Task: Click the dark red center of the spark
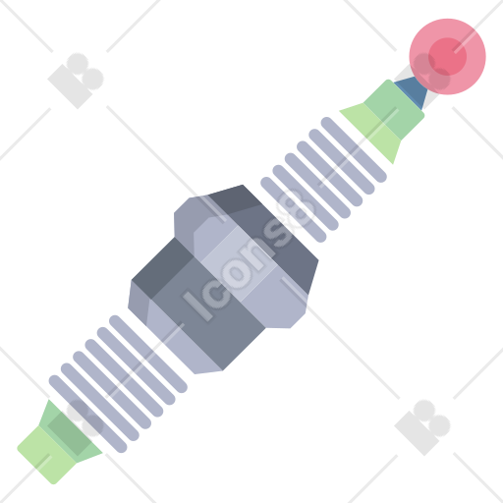coord(447,56)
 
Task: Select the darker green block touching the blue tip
coord(394,109)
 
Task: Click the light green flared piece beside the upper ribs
coord(372,132)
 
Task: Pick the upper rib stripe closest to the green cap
coord(354,149)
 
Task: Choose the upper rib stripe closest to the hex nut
coord(294,209)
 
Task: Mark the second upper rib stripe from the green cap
coord(342,161)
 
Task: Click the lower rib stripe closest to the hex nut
coord(148,354)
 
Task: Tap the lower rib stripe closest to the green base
coord(87,414)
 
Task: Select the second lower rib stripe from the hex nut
coord(137,366)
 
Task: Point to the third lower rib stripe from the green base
coord(112,390)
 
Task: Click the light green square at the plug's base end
coord(46,455)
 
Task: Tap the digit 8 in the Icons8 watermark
coord(296,209)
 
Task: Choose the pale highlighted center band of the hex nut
coord(239,263)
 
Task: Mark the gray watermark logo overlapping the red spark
coord(430,73)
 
